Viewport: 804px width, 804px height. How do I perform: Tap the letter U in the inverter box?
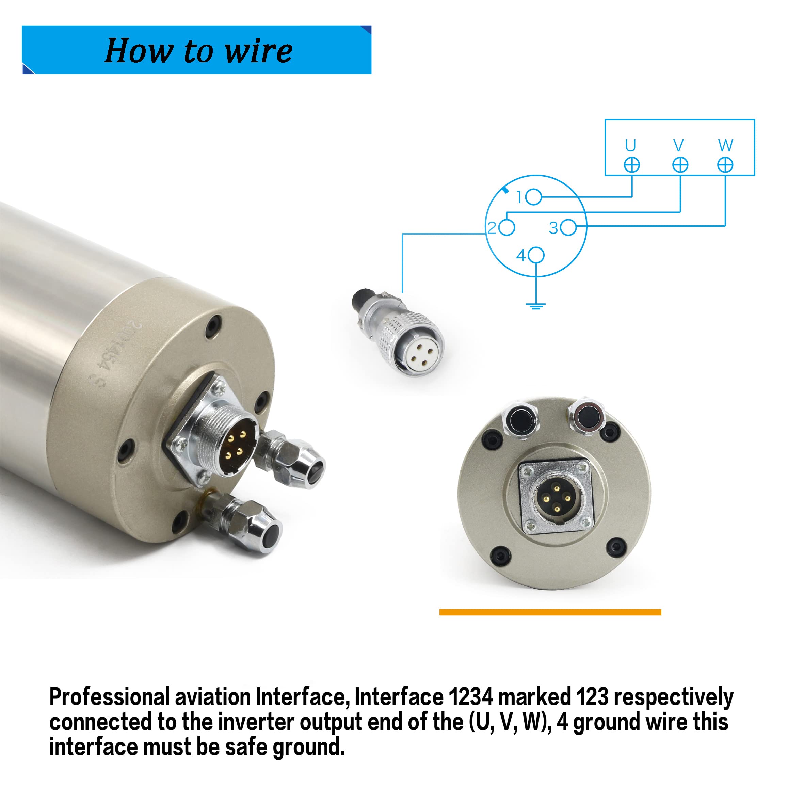pyautogui.click(x=630, y=146)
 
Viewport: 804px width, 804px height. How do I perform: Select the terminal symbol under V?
pyautogui.click(x=680, y=165)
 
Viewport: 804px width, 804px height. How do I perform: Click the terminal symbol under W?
pyautogui.click(x=725, y=165)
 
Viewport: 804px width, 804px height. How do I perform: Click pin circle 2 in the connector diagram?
pyautogui.click(x=507, y=228)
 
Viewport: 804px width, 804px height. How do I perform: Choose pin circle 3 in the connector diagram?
pyautogui.click(x=568, y=228)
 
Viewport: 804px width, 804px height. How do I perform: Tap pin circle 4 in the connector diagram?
pyautogui.click(x=536, y=255)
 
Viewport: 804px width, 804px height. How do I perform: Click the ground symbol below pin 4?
pyautogui.click(x=535, y=306)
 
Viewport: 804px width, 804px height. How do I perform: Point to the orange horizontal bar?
pyautogui.click(x=550, y=612)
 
